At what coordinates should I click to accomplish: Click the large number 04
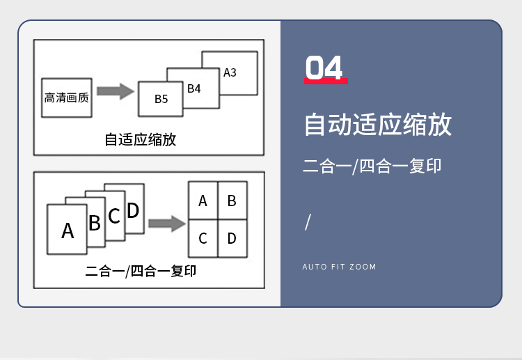coord(324,68)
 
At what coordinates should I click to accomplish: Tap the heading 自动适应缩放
coord(378,125)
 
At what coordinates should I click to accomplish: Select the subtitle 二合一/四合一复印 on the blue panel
coord(372,166)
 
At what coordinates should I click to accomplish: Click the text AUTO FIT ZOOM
coord(339,267)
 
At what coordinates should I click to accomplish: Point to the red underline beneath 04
coord(326,82)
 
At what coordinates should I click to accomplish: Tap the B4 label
coord(194,88)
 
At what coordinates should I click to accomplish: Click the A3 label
coord(230,72)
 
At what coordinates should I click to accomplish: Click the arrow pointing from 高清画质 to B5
coord(115,91)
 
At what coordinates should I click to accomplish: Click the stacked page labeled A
coord(68,230)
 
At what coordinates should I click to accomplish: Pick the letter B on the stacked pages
coord(95,223)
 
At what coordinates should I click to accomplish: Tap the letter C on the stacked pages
coord(114,216)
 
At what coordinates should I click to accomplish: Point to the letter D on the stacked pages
coord(133,210)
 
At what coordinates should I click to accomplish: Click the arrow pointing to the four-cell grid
coord(166,224)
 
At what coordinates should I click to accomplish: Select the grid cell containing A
coord(203,201)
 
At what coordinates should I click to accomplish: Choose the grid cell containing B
coord(232,201)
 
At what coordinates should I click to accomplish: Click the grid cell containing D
coord(232,239)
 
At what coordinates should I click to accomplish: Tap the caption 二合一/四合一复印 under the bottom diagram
coord(141,270)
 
